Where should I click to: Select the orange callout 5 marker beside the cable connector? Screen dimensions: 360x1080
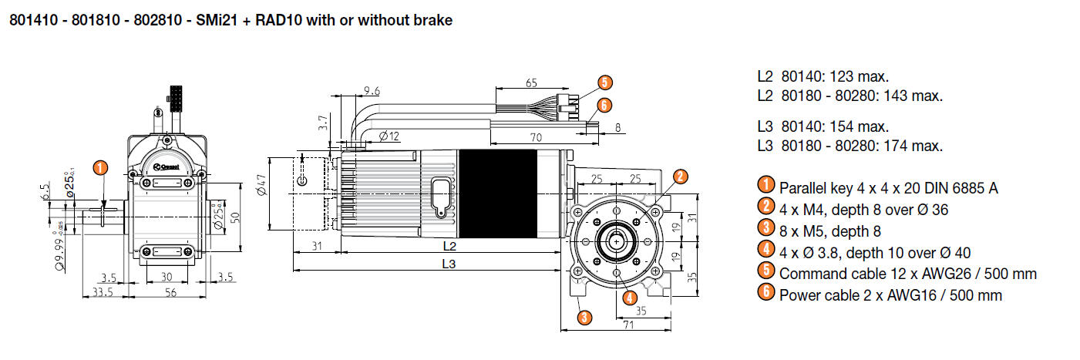604,82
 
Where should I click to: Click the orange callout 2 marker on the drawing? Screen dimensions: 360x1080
679,177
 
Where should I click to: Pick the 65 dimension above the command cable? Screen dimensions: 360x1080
532,82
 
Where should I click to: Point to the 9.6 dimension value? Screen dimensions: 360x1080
372,91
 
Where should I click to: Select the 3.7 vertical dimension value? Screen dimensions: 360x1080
323,122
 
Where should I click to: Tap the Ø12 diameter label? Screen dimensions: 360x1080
389,136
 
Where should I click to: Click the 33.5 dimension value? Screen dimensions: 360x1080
103,292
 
